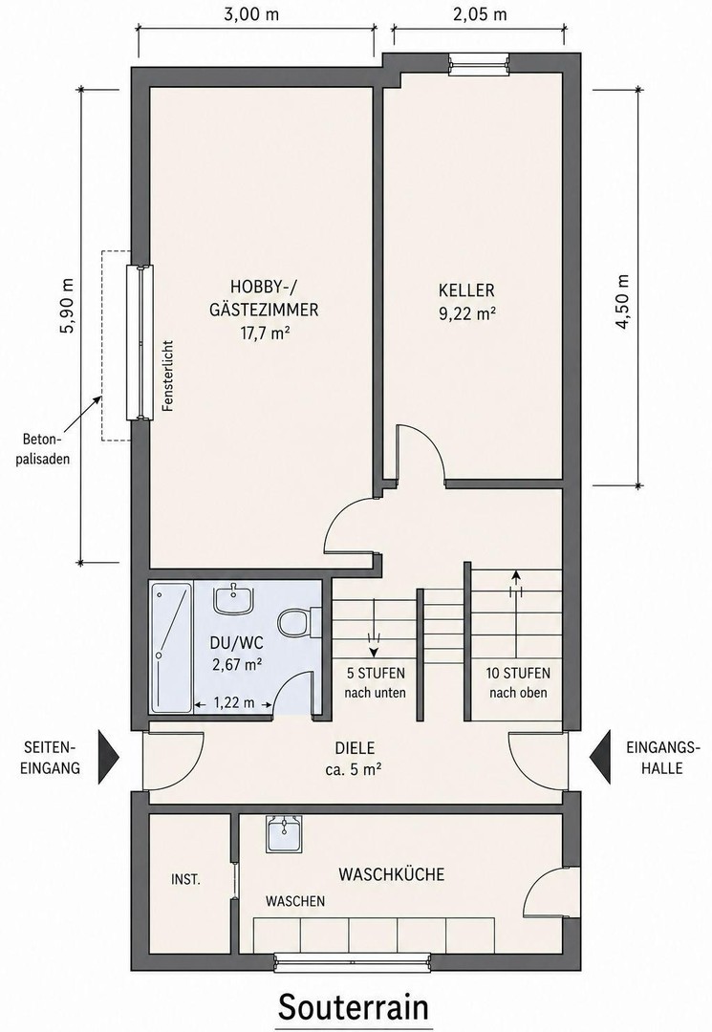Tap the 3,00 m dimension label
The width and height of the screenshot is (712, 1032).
[251, 14]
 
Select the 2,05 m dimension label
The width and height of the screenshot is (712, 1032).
[481, 14]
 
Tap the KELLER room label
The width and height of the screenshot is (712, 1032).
[467, 290]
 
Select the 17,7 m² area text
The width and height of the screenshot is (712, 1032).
[264, 333]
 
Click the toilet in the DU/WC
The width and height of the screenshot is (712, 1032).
[297, 621]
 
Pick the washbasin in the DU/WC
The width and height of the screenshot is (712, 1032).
[232, 598]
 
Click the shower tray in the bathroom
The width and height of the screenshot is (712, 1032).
[171, 646]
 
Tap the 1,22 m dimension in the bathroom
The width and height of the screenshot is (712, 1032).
[234, 703]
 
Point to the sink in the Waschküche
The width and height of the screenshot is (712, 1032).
[284, 834]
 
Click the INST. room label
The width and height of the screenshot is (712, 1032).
[185, 879]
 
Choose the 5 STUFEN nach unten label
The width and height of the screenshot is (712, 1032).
[375, 682]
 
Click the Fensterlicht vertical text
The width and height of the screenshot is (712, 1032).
[168, 376]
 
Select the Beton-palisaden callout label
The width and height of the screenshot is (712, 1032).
[46, 448]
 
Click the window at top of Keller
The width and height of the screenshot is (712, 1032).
[479, 64]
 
